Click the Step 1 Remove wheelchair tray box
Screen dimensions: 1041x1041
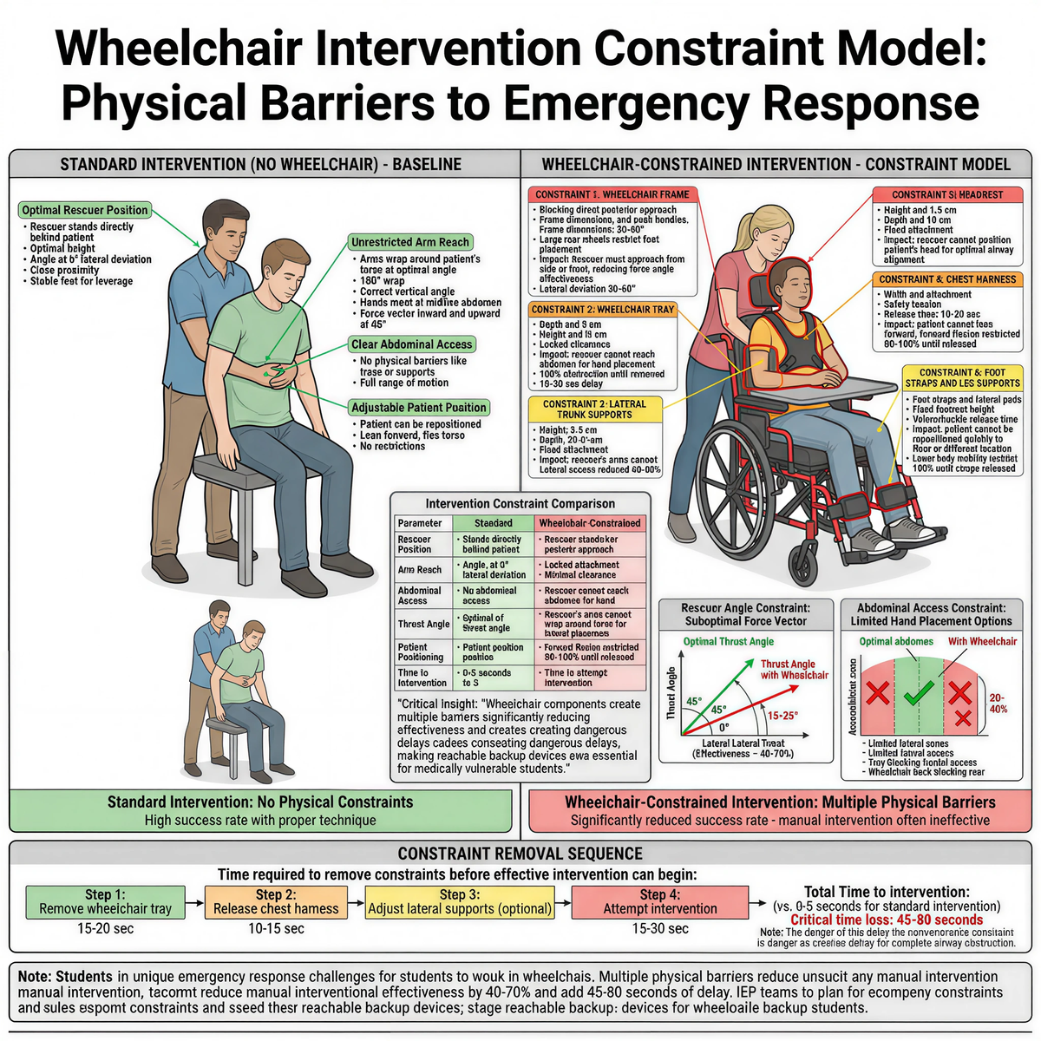[x=105, y=902]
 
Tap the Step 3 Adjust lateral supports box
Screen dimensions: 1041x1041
[x=460, y=902]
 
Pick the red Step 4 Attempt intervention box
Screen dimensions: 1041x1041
[x=660, y=902]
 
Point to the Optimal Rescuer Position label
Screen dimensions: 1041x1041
[x=85, y=210]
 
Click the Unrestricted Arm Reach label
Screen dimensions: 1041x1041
[x=409, y=242]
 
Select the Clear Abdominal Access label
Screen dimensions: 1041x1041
[x=411, y=344]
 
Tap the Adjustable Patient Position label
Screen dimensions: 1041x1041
[x=418, y=408]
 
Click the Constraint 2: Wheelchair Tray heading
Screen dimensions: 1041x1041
[x=602, y=310]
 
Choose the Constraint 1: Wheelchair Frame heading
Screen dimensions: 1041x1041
[x=612, y=194]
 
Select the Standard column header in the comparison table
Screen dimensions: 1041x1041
[x=493, y=523]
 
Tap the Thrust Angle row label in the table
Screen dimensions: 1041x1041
[x=423, y=624]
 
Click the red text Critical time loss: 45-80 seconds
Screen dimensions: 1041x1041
[x=887, y=920]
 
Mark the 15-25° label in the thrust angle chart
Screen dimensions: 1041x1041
[x=782, y=715]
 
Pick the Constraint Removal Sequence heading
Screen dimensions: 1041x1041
[x=520, y=854]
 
